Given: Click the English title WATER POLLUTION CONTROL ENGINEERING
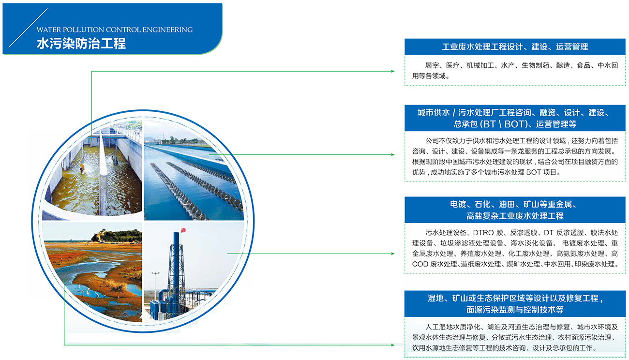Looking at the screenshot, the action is (x=115, y=30).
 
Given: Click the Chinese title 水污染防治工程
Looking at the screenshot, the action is (x=81, y=44).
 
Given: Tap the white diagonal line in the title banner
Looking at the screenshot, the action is (x=29, y=28).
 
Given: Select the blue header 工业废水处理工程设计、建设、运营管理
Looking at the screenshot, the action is (x=515, y=46).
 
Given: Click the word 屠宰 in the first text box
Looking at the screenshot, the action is (x=432, y=65).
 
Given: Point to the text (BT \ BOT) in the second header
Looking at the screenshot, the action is (x=504, y=124).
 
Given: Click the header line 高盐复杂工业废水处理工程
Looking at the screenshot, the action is (x=515, y=216).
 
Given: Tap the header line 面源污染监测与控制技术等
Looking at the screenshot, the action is (x=515, y=310).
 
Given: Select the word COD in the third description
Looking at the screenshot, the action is (x=420, y=264).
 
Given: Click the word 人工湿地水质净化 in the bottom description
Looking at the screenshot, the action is (x=453, y=327).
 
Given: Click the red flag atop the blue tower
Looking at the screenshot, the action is (x=183, y=230).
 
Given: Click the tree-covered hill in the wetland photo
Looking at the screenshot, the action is (x=117, y=235).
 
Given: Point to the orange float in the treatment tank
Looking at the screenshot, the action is (x=82, y=167).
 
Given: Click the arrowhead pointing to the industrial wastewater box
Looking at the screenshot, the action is (x=393, y=71).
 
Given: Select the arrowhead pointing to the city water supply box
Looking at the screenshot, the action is (x=393, y=155).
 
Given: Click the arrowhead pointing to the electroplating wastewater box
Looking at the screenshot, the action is (x=393, y=254).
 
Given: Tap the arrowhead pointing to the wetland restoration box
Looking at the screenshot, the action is (x=393, y=345).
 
